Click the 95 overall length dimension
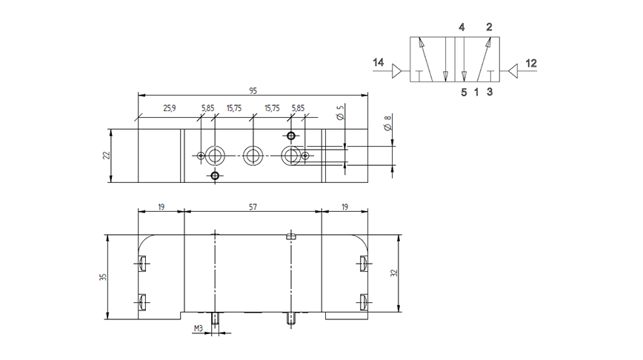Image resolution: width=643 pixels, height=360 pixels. pos(253,90)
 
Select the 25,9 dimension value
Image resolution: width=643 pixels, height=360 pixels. pos(170,108)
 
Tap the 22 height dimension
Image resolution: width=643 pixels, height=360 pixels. pos(107,156)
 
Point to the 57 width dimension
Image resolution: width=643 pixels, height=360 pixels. pos(253,207)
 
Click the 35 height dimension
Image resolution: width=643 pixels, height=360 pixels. pos(103,277)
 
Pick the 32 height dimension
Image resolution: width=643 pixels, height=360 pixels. pos(394,273)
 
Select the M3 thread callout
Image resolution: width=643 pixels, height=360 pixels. pos(199,328)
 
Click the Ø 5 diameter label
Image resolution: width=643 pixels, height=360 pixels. pos(340,113)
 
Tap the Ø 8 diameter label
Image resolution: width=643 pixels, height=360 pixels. pos(387,123)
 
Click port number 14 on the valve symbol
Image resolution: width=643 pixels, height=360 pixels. pos(378,62)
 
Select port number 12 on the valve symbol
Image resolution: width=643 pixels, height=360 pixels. pos(531,63)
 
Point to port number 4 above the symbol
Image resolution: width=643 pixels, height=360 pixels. pos(462,27)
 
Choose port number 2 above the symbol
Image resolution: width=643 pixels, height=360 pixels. pos(489,27)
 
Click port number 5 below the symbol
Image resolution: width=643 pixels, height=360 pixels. pos(464,93)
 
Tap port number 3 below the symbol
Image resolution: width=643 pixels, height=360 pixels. pos(490,92)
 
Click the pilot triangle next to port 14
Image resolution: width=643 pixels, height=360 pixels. pos(397,71)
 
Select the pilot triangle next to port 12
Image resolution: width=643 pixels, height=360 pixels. pos(513,71)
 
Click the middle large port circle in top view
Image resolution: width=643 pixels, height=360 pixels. pos(253,156)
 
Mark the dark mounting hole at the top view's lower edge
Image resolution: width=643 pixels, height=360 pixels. pos(215,176)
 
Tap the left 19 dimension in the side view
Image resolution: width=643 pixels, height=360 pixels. pos(161,207)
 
